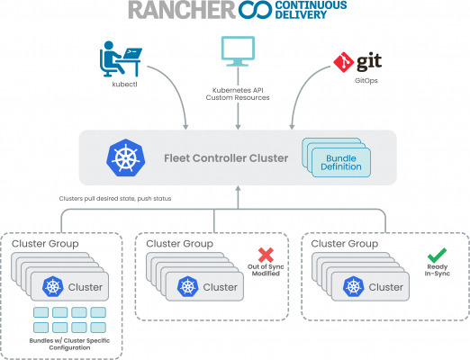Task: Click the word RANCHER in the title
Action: click(x=182, y=10)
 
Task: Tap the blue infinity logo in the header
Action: click(x=255, y=10)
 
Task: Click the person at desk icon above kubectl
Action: click(x=121, y=58)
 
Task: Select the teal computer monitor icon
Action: click(x=238, y=51)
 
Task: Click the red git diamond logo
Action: click(x=344, y=62)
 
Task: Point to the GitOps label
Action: click(x=366, y=80)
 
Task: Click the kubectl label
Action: click(x=124, y=85)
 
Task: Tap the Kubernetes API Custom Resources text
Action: click(x=238, y=94)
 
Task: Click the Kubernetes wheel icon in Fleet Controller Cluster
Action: click(x=126, y=157)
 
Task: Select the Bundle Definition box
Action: click(x=341, y=162)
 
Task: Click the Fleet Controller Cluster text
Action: click(x=226, y=158)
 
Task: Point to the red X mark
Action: click(x=266, y=255)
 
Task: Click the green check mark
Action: click(x=437, y=256)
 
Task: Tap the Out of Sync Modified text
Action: click(x=266, y=270)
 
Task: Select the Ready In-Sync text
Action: click(x=438, y=270)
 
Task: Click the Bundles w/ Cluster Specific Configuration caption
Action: click(x=69, y=344)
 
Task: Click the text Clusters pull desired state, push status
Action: click(x=115, y=199)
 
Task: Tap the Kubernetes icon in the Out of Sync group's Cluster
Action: click(x=187, y=286)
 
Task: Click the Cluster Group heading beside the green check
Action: click(x=345, y=244)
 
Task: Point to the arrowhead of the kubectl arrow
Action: click(x=185, y=126)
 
